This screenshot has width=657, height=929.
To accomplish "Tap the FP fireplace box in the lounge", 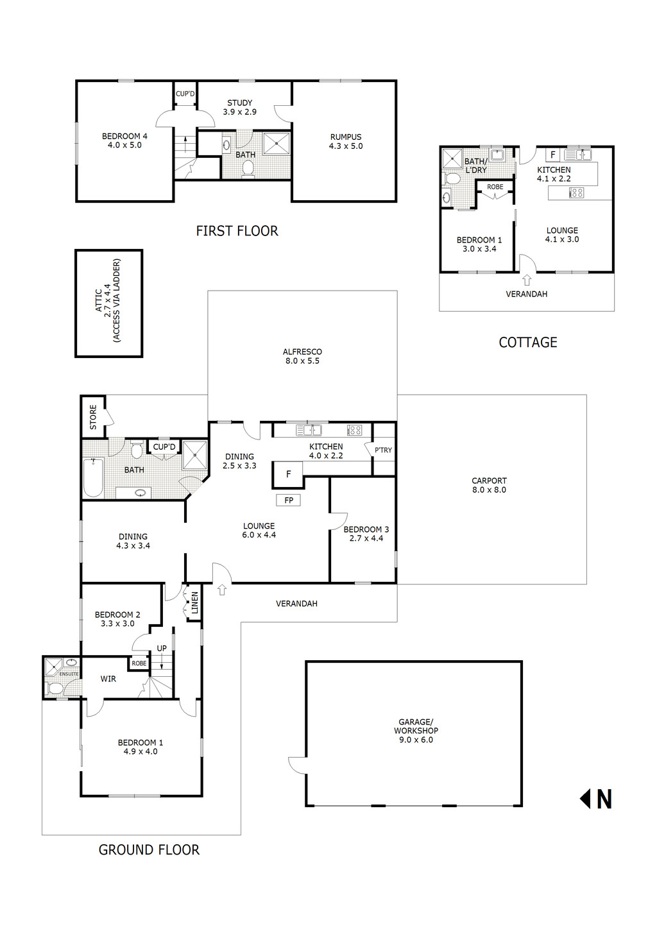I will click(x=288, y=500).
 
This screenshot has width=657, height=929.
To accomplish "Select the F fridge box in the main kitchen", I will click(x=288, y=474).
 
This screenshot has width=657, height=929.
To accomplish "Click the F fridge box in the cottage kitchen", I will click(x=552, y=155).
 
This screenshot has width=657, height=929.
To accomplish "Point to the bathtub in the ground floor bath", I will click(x=94, y=477).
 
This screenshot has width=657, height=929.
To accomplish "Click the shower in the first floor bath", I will click(x=277, y=143).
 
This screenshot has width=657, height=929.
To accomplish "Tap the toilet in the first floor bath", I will click(x=248, y=169).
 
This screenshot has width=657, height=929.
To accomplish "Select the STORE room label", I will click(x=93, y=417).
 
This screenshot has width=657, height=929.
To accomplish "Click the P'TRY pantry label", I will click(x=383, y=450).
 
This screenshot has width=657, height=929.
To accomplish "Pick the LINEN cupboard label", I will click(x=194, y=603).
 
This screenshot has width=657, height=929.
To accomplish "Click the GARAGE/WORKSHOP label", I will click(x=416, y=731).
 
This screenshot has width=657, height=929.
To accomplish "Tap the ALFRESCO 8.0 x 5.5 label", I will click(x=302, y=356).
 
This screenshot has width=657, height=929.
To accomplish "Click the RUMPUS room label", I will click(x=346, y=141).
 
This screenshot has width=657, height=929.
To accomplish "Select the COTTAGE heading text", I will click(x=527, y=343).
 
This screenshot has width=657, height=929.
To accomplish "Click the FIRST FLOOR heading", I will click(x=237, y=231).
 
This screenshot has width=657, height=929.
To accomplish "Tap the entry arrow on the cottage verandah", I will click(x=527, y=280).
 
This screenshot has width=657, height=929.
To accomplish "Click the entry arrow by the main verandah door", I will click(x=222, y=589).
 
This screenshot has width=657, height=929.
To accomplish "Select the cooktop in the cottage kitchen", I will click(x=576, y=192).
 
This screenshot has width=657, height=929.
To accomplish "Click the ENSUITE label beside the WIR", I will click(x=69, y=674).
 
